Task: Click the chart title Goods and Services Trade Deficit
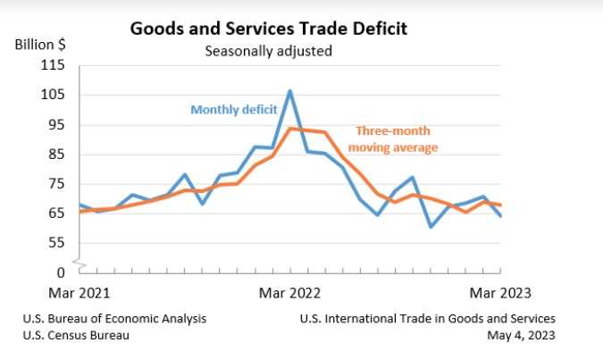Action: click(x=269, y=29)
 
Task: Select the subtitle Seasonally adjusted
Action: click(x=268, y=51)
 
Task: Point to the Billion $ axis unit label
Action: click(x=39, y=44)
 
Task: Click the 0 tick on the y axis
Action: click(x=62, y=272)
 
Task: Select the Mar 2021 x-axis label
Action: click(x=80, y=291)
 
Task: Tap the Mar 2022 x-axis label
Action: click(x=290, y=291)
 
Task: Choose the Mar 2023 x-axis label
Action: click(x=500, y=291)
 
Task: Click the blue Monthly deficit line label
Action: click(x=233, y=110)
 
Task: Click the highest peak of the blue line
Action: click(x=289, y=91)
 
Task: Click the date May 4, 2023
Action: click(x=522, y=335)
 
